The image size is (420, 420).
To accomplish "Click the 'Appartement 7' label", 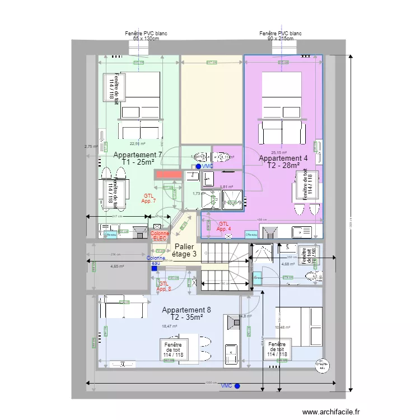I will point(138,155).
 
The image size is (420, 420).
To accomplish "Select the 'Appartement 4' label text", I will point(283,158).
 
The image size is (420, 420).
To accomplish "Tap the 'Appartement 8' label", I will point(186,310).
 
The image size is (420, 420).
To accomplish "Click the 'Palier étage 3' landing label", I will point(185,250).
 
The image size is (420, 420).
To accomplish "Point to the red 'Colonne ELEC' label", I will point(160,236).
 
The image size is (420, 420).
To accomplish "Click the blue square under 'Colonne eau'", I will point(154,268).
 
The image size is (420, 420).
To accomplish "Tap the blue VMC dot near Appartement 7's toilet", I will point(198,166).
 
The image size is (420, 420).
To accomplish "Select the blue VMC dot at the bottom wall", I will point(237,386).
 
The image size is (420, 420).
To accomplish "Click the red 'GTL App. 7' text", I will point(148,198).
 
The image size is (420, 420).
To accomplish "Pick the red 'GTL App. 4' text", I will point(224,226).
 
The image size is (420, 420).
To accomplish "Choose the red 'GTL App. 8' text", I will point(163,286).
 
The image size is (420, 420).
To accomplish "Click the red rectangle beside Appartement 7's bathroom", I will point(168,175).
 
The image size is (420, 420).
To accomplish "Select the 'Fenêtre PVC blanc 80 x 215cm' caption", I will point(281,36).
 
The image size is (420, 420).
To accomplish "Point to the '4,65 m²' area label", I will point(117,266).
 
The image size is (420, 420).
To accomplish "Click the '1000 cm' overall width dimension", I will point(208,383).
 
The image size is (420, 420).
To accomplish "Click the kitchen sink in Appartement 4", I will point(305,230).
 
